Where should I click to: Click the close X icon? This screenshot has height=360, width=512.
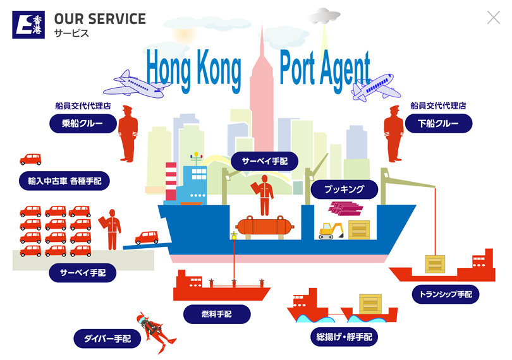[x=494, y=18]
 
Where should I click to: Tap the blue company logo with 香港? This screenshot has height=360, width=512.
[x=28, y=25]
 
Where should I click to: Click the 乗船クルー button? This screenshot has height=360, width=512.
[x=83, y=123]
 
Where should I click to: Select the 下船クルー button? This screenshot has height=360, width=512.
[x=439, y=123]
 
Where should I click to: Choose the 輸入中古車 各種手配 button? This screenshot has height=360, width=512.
[x=64, y=181]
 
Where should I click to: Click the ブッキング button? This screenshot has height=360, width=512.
[x=344, y=189]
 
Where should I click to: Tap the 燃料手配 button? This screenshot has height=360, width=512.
[x=217, y=315]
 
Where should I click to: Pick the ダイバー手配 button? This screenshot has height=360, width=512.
[x=107, y=339]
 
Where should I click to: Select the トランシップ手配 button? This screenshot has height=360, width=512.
[x=446, y=294]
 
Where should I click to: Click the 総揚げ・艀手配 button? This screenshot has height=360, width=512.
[x=344, y=337]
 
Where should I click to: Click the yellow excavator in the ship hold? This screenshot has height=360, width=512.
[x=331, y=231]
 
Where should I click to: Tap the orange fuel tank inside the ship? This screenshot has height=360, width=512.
[x=264, y=226]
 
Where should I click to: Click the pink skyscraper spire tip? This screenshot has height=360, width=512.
[x=262, y=25]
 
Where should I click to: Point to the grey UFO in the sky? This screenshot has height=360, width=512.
[x=324, y=16]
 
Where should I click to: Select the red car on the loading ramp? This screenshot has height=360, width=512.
[x=147, y=237]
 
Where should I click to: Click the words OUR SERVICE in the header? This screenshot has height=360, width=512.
[x=100, y=19]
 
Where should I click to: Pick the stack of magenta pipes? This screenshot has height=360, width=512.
[x=346, y=208]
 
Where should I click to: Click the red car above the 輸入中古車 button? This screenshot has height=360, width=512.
[x=30, y=159]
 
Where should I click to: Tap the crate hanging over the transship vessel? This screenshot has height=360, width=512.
[x=435, y=264]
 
